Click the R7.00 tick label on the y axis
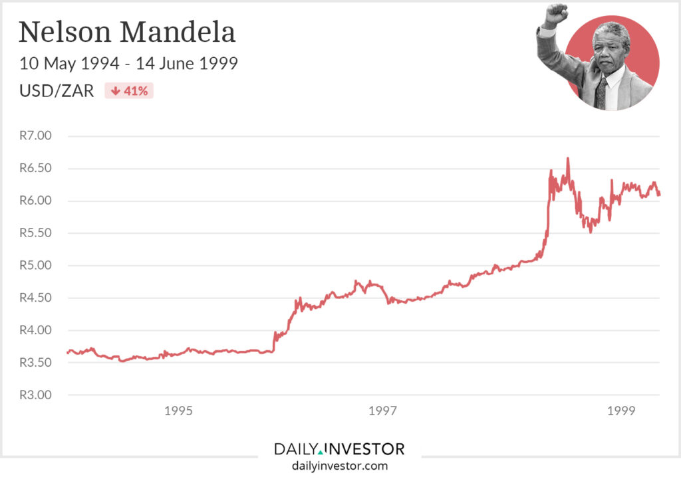pos(35,136)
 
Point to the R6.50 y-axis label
pos(35,168)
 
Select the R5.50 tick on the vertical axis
pos(35,233)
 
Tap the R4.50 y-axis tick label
pos(35,298)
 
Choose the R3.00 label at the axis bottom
pos(35,395)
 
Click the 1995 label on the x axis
pos(178,411)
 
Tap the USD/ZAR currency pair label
pos(57,91)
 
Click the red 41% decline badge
pos(129,91)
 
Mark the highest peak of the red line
pos(567,158)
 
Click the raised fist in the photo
pos(556,14)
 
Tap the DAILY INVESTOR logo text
pos(339,449)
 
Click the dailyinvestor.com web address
pos(339,466)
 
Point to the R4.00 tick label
pos(35,330)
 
